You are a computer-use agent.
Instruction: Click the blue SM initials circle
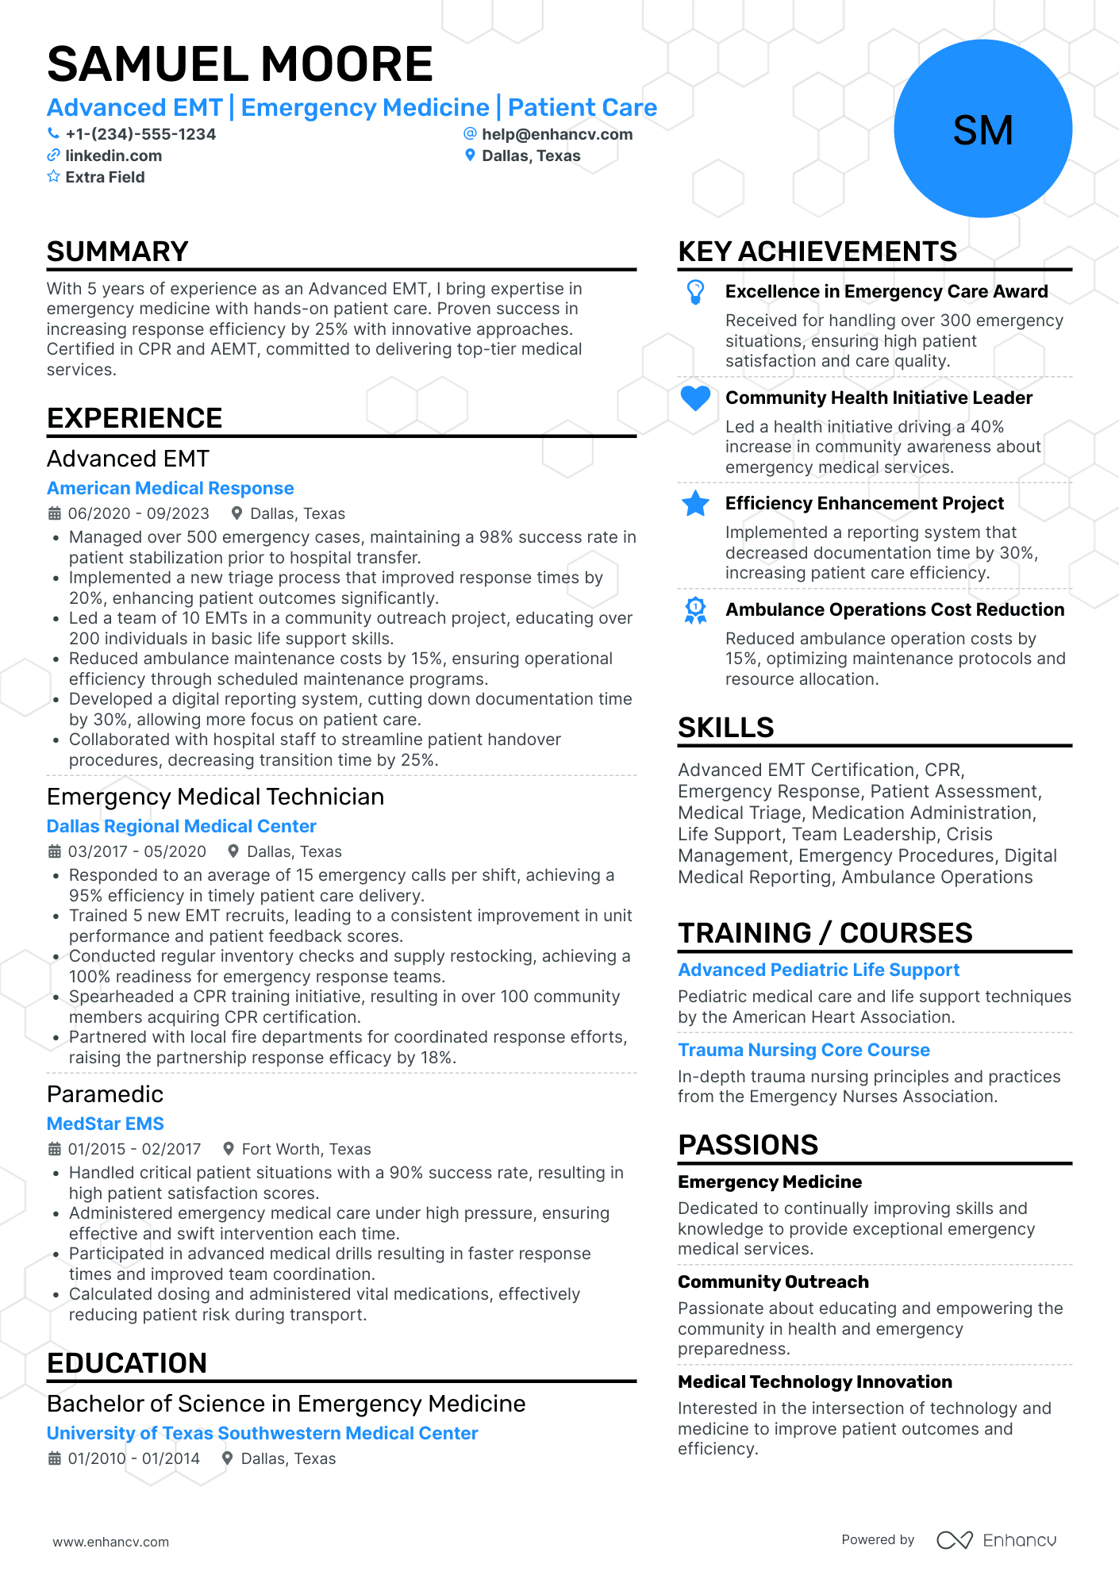pos(982,129)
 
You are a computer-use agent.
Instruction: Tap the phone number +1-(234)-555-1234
pos(140,134)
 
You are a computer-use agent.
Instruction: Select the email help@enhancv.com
pos(556,134)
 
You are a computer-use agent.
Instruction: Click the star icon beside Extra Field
pos(53,177)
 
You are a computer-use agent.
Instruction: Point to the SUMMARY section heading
pos(117,252)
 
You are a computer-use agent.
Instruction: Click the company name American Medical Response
pos(170,488)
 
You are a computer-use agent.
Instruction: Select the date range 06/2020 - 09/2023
pos(138,513)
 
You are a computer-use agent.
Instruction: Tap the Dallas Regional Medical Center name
pos(181,826)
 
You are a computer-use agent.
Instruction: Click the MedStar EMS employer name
pos(105,1124)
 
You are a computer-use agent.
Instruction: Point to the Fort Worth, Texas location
pos(306,1149)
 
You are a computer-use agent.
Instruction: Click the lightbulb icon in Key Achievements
pos(695,292)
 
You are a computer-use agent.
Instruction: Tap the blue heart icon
pos(695,398)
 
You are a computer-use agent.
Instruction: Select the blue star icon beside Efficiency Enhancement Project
pos(695,503)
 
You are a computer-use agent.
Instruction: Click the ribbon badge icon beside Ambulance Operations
pos(695,610)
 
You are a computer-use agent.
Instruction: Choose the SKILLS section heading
pos(725,728)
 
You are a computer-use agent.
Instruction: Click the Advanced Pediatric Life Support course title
pos(818,970)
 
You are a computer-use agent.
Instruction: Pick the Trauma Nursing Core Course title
pos(803,1050)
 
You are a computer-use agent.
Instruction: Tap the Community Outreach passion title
pos(773,1281)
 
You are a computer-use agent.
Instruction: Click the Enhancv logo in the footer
pos(996,1540)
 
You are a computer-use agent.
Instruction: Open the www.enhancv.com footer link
pos(111,1542)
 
